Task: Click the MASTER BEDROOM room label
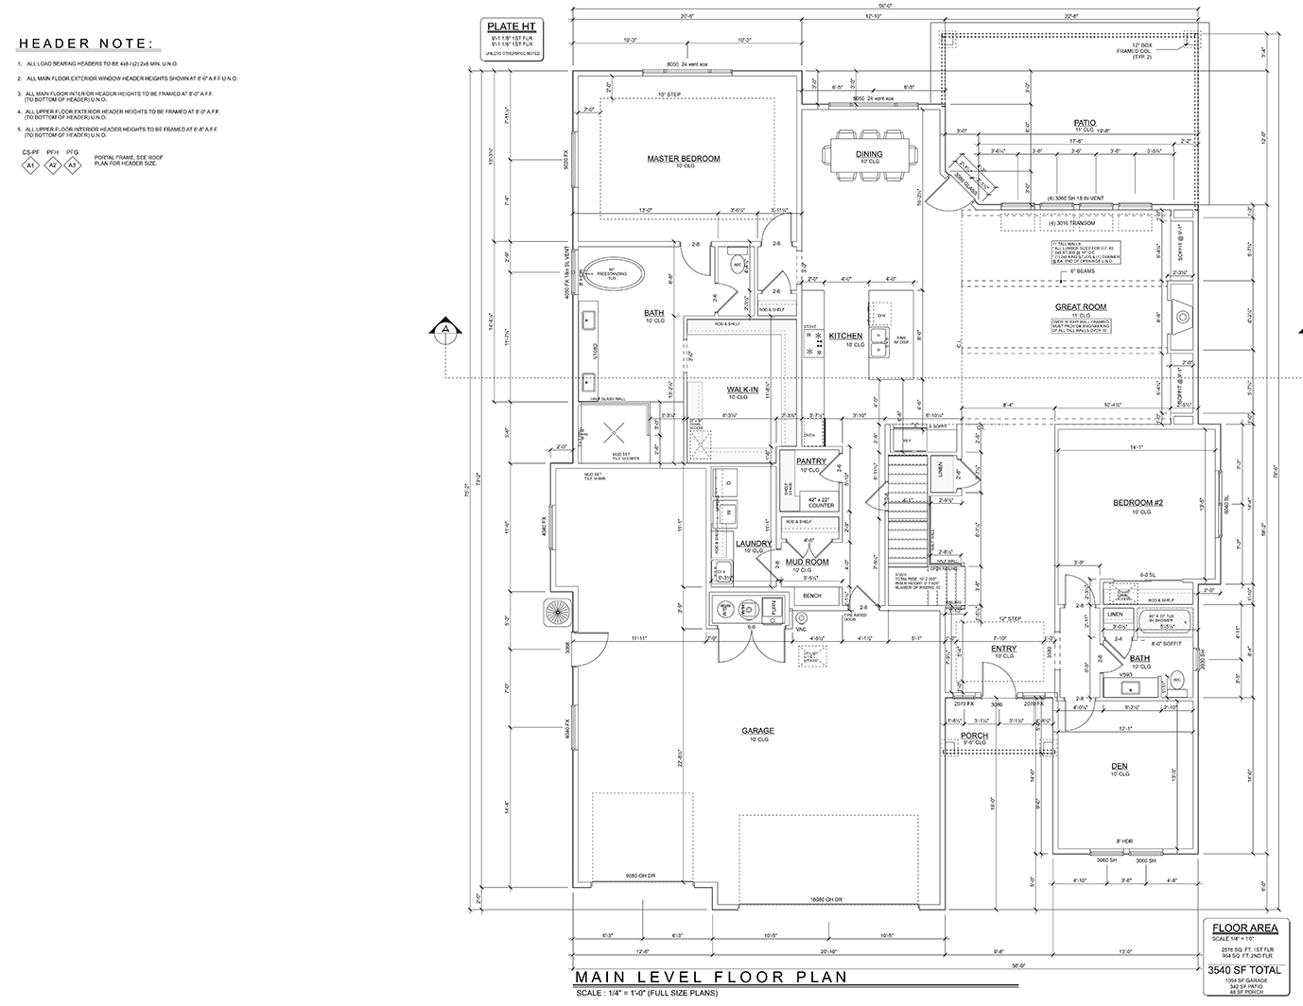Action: [x=683, y=158]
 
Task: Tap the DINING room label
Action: [x=869, y=153]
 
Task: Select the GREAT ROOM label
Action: [x=1080, y=306]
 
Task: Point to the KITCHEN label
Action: [x=845, y=336]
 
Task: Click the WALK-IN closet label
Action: [x=742, y=389]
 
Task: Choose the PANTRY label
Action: [x=811, y=461]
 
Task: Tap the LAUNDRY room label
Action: [x=754, y=543]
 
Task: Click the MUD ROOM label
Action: [x=807, y=562]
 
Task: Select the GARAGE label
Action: [x=757, y=731]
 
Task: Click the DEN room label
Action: [x=1119, y=766]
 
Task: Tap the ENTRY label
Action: [x=1003, y=649]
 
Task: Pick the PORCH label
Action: [x=974, y=735]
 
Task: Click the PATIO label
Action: [x=1084, y=123]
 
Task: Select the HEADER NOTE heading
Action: [x=84, y=43]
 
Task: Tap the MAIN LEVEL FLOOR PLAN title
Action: [x=710, y=977]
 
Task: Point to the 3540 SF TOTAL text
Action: [x=1243, y=970]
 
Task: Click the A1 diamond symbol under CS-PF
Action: [x=30, y=165]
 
